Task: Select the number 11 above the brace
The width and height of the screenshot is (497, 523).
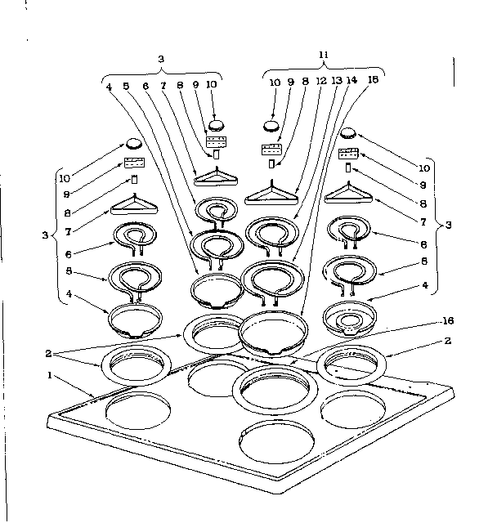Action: point(324,55)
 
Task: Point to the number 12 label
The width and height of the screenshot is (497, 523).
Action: point(323,81)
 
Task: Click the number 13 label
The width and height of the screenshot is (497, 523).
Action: point(337,81)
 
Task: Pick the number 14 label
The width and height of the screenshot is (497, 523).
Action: point(352,81)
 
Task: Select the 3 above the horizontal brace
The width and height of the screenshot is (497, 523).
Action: point(162,59)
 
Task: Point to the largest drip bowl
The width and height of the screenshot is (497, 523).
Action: point(275,331)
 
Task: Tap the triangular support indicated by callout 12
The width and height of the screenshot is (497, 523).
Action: point(273,194)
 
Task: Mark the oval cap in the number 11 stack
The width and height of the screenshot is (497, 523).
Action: point(271,127)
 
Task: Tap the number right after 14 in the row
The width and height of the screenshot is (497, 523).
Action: point(372,81)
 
